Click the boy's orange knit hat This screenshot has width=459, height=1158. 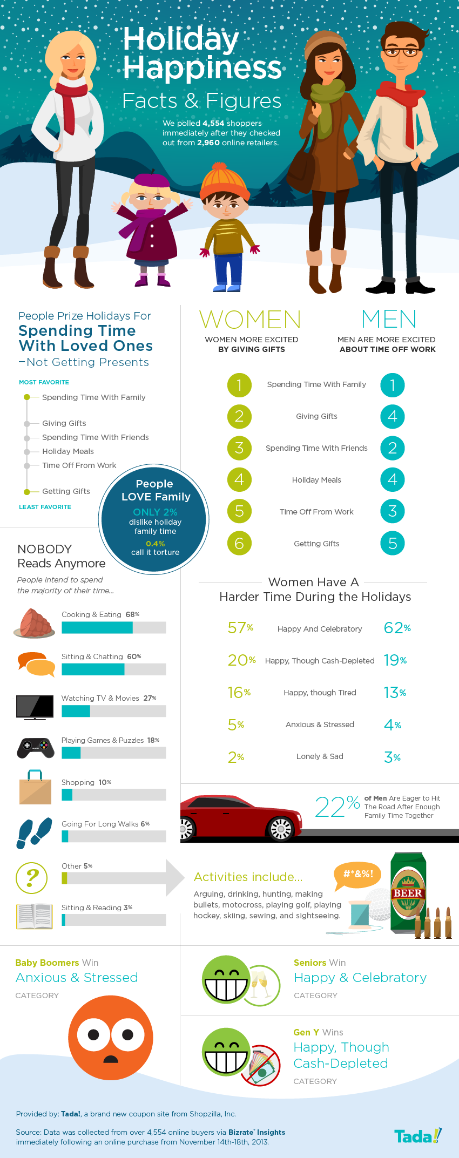coord(224,181)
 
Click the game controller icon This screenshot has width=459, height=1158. coord(36,748)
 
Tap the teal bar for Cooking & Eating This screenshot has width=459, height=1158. coord(97,627)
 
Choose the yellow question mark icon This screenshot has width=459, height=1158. coord(32,878)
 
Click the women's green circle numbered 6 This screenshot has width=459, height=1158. coord(239,543)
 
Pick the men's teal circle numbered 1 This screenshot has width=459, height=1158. coord(393,385)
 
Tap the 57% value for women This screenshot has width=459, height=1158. coord(240,628)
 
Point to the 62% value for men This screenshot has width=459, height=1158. coord(397,628)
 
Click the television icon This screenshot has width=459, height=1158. coord(35,707)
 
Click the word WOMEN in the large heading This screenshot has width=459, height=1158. coord(250,320)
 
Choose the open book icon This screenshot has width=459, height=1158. coord(35,916)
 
